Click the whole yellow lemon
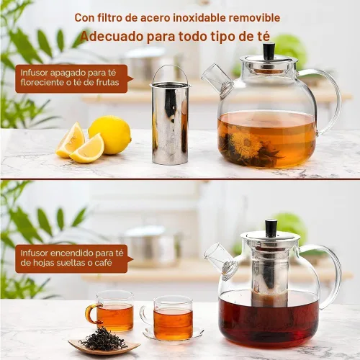pos(110,135)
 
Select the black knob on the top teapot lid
pos(269,50)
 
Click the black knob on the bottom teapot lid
pos(271,228)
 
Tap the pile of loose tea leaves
pos(103,339)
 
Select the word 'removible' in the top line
pos(256,17)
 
